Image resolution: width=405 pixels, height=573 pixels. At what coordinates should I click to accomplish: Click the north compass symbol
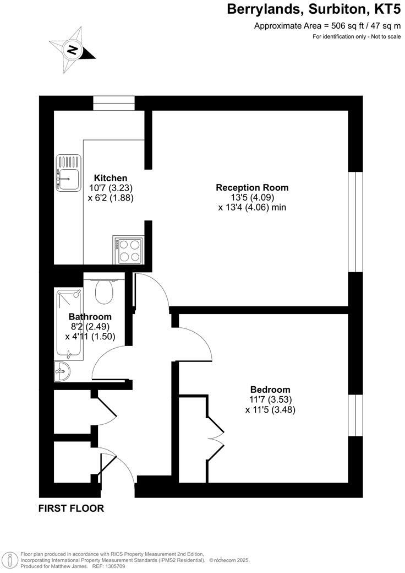(72, 50)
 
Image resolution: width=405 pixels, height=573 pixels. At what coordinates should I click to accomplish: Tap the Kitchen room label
(111, 178)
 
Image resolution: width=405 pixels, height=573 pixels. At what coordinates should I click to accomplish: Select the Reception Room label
(252, 187)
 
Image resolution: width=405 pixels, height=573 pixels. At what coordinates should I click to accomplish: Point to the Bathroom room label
(90, 317)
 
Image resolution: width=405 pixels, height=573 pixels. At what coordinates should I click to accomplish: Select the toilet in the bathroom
(103, 291)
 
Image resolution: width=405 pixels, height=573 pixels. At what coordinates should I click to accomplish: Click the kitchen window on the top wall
(114, 103)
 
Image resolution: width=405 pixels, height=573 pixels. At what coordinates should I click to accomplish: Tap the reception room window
(356, 221)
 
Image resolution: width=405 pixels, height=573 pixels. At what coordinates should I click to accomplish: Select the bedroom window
(356, 416)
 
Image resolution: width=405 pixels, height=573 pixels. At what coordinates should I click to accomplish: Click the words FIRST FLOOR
(71, 509)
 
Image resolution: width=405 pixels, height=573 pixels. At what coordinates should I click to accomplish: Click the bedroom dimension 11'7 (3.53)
(270, 399)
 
